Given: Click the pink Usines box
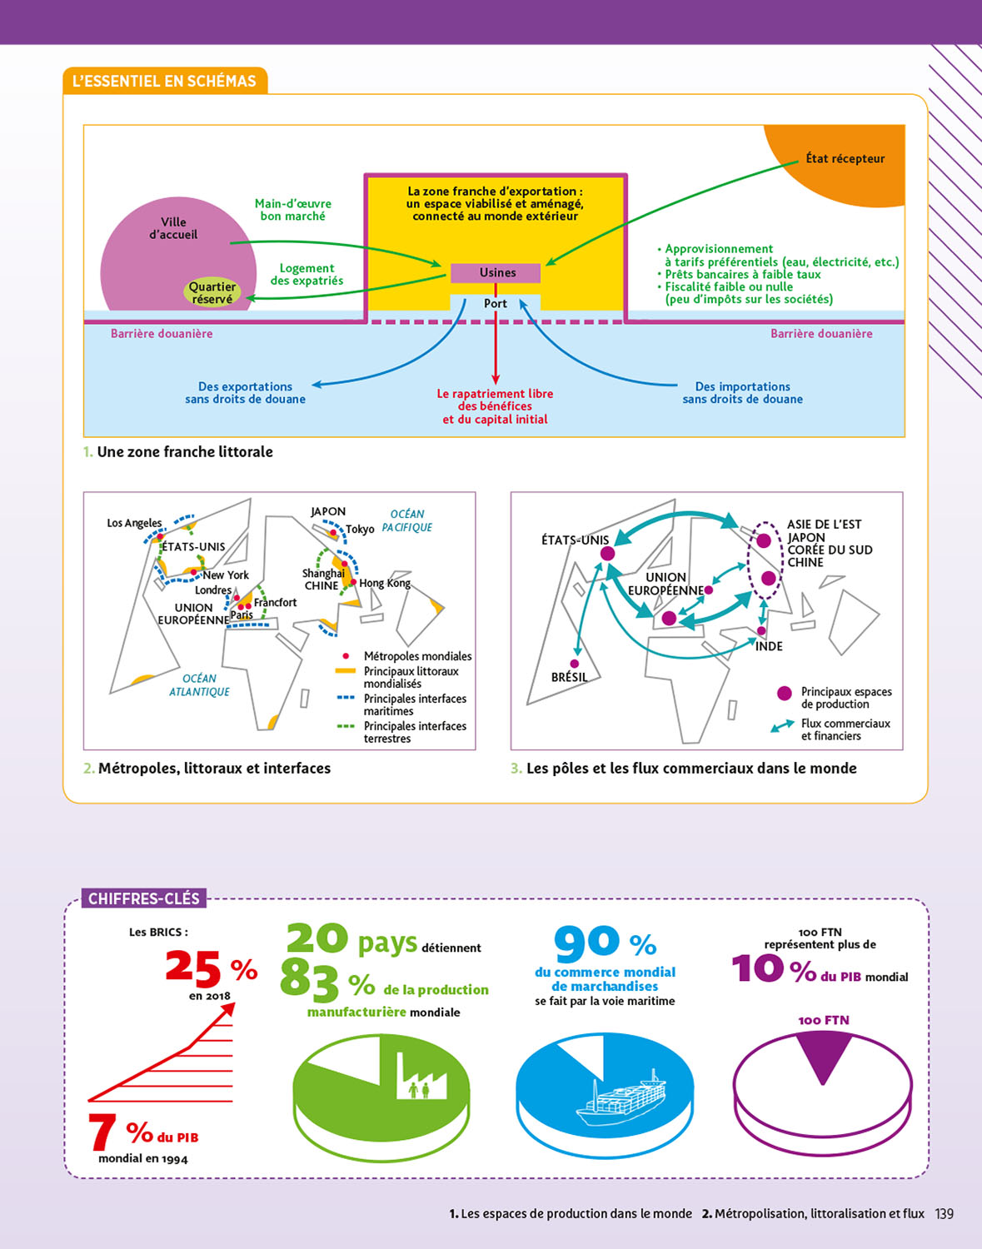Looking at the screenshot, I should pos(496,273).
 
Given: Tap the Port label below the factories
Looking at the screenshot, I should pos(496,304).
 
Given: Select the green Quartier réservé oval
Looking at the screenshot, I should pos(212,292).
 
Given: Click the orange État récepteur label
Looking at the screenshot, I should pos(845,159).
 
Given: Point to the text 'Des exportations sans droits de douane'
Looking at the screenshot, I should pos(245,393).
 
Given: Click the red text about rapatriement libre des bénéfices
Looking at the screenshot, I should pos(495,406).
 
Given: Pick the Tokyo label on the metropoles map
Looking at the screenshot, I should pos(360,530).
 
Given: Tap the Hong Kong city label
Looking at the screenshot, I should pos(385,584).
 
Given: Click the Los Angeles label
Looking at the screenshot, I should pos(134,523).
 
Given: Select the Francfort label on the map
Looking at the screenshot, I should pos(275,603).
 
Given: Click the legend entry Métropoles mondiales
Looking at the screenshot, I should pos(417,656).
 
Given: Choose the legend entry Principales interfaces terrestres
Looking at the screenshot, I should pos(415,732).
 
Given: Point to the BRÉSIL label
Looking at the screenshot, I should pos(569,678).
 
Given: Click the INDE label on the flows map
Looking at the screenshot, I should pos(769,647).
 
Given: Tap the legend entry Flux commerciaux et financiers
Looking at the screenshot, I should pos(845,729).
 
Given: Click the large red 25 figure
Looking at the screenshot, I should pos(193,967).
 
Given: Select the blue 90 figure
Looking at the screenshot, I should pos(586,943).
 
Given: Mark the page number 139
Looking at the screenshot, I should pos(944,1214).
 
